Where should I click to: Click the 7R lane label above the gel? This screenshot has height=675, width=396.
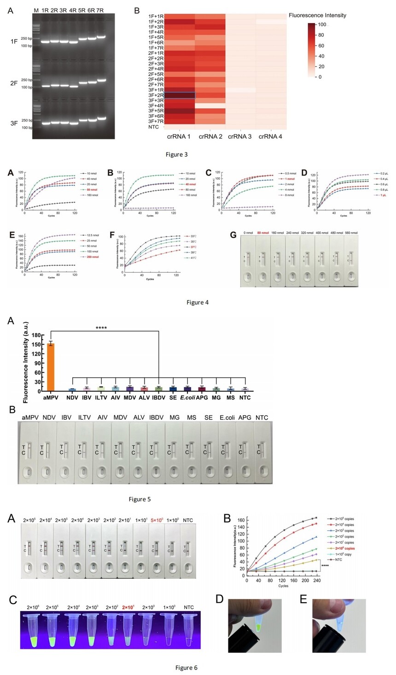(101, 10)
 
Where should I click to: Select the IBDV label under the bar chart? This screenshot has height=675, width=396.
(158, 398)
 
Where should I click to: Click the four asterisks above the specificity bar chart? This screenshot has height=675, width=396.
(101, 328)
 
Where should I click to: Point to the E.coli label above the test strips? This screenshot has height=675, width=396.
(227, 417)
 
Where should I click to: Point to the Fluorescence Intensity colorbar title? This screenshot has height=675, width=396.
(317, 15)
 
